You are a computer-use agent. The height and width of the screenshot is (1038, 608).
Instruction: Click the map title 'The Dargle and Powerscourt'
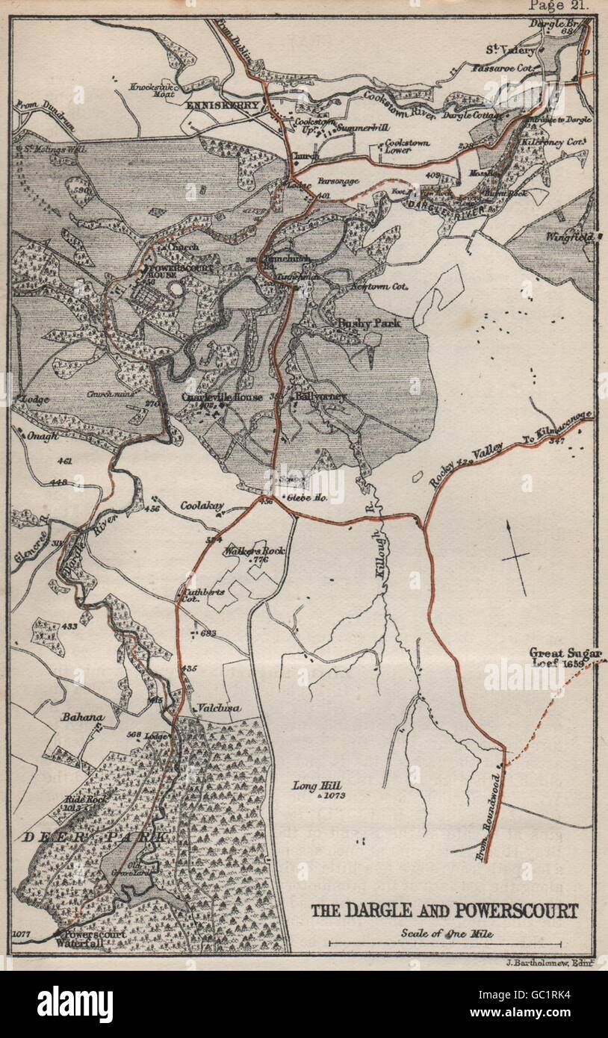pos(444,910)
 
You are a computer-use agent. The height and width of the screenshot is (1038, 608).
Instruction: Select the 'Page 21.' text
pos(559,5)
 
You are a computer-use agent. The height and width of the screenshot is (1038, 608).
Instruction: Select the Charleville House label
pos(222,397)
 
